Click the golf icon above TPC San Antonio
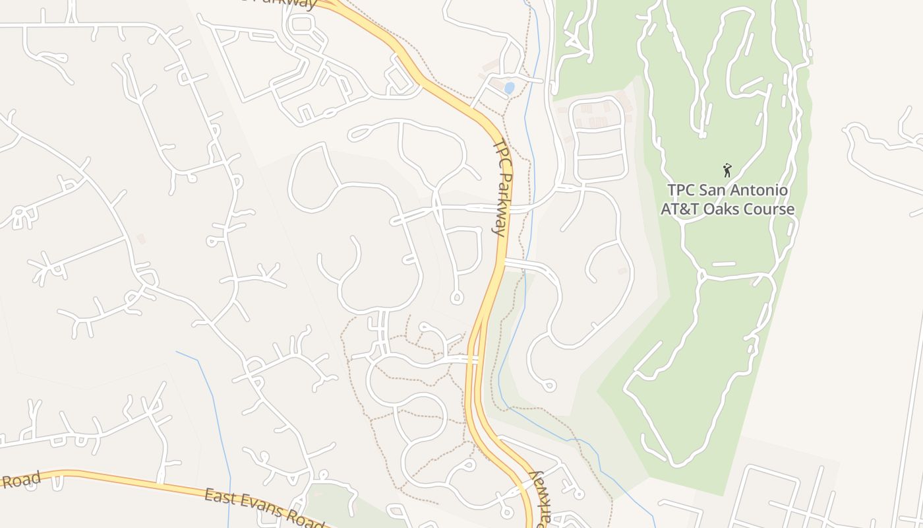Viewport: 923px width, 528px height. pyautogui.click(x=727, y=170)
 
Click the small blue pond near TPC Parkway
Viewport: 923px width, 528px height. pyautogui.click(x=509, y=87)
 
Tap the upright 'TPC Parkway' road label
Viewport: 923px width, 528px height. pyautogui.click(x=502, y=187)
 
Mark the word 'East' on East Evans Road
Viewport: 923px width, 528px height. pyautogui.click(x=221, y=497)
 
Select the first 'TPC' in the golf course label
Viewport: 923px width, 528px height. pyautogui.click(x=682, y=190)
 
